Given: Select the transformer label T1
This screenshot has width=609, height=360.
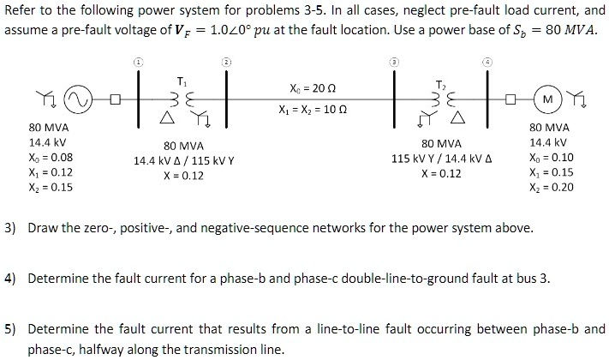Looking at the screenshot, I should [x=181, y=81].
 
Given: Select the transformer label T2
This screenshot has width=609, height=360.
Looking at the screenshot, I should [x=440, y=85].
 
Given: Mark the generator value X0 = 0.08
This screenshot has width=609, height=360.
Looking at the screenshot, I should [x=51, y=158].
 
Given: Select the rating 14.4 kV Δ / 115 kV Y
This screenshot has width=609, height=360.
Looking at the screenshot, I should [x=183, y=160].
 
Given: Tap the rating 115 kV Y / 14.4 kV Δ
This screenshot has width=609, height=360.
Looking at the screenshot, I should [x=441, y=159].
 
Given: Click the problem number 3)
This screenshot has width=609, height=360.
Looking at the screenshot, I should [x=12, y=229].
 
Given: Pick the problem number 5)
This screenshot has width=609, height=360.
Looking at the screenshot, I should [x=12, y=328].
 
